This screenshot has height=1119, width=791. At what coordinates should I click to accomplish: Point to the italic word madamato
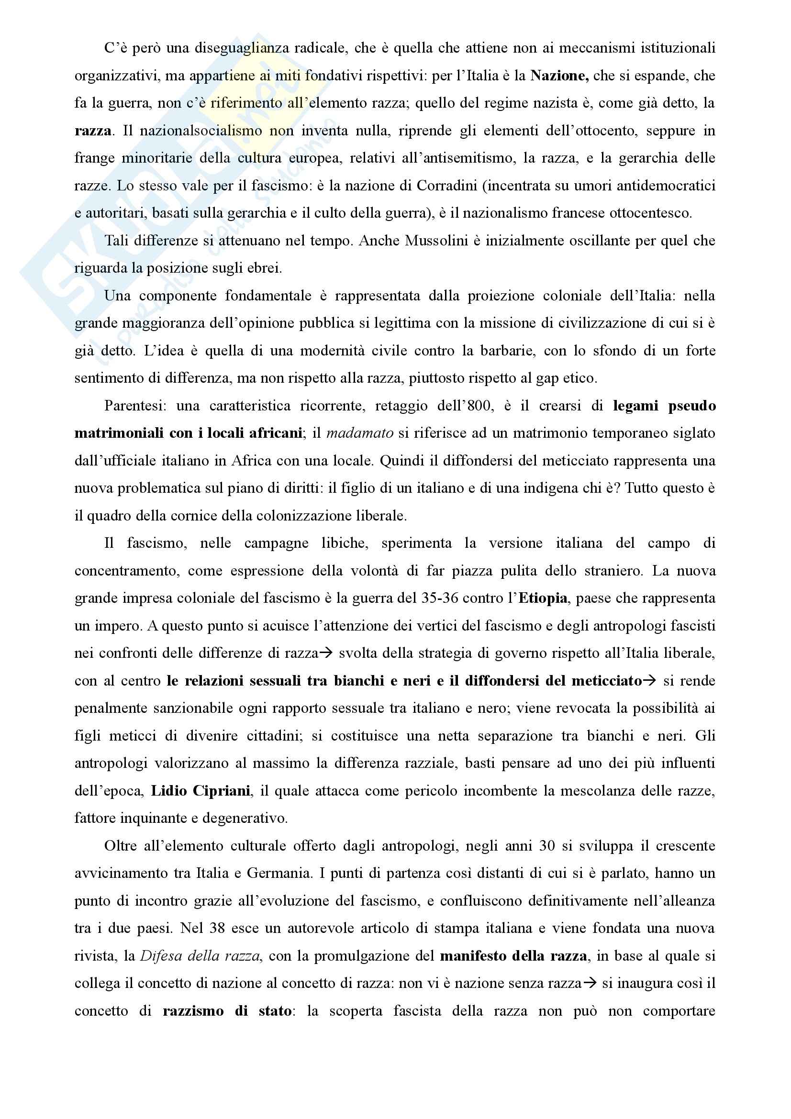pyautogui.click(x=360, y=433)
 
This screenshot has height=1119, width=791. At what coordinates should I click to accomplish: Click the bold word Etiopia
pyautogui.click(x=543, y=598)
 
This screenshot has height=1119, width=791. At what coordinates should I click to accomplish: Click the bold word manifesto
pyautogui.click(x=472, y=956)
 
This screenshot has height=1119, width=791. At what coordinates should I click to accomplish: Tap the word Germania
pyautogui.click(x=279, y=874)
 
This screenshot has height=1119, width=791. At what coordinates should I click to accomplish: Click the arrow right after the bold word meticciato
pyautogui.click(x=650, y=681)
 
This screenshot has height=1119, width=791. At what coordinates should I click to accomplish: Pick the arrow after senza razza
pyautogui.click(x=590, y=984)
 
